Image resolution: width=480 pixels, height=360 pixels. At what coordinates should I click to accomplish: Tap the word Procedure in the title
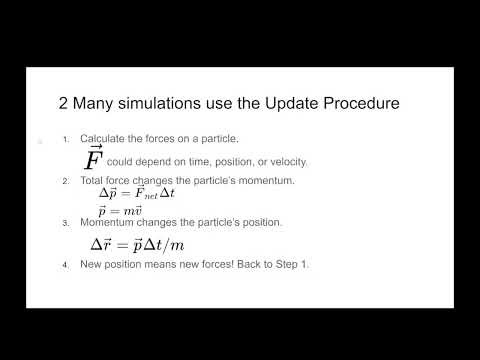335,102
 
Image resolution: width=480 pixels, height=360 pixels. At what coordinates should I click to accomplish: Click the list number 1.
65,138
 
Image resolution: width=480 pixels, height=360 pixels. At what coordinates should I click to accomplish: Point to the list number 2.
65,180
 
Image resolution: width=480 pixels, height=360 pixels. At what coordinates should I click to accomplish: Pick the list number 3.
65,221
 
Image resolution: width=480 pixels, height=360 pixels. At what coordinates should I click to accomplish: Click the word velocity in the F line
286,162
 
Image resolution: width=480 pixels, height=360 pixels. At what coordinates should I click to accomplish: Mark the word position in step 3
241,221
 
